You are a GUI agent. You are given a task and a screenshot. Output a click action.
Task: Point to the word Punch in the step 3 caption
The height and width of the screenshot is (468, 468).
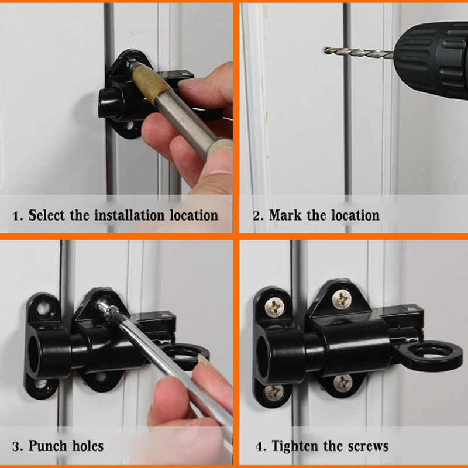click(49, 446)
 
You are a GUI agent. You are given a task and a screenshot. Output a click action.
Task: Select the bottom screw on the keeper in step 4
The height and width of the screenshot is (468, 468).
click(274, 391)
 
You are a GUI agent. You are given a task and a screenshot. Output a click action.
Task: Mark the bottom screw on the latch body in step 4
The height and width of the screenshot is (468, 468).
click(342, 383)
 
